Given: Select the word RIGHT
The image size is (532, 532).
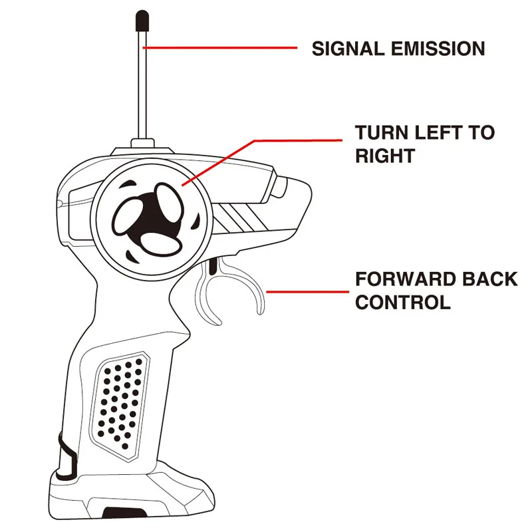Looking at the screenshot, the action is pos(385,156).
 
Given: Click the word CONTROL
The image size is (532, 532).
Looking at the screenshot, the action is pos(403,303).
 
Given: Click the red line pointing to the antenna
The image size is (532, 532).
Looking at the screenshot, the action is pos(219,48).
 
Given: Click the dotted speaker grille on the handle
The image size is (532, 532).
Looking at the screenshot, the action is pos(120,399).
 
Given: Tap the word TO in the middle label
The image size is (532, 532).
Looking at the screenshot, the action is pos(481,132).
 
